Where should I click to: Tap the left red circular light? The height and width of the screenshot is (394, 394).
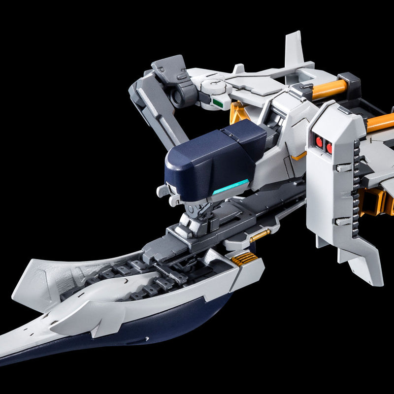319,143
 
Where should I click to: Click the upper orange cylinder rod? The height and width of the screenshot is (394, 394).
329,90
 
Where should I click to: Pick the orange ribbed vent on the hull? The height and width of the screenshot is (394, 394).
245,259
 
